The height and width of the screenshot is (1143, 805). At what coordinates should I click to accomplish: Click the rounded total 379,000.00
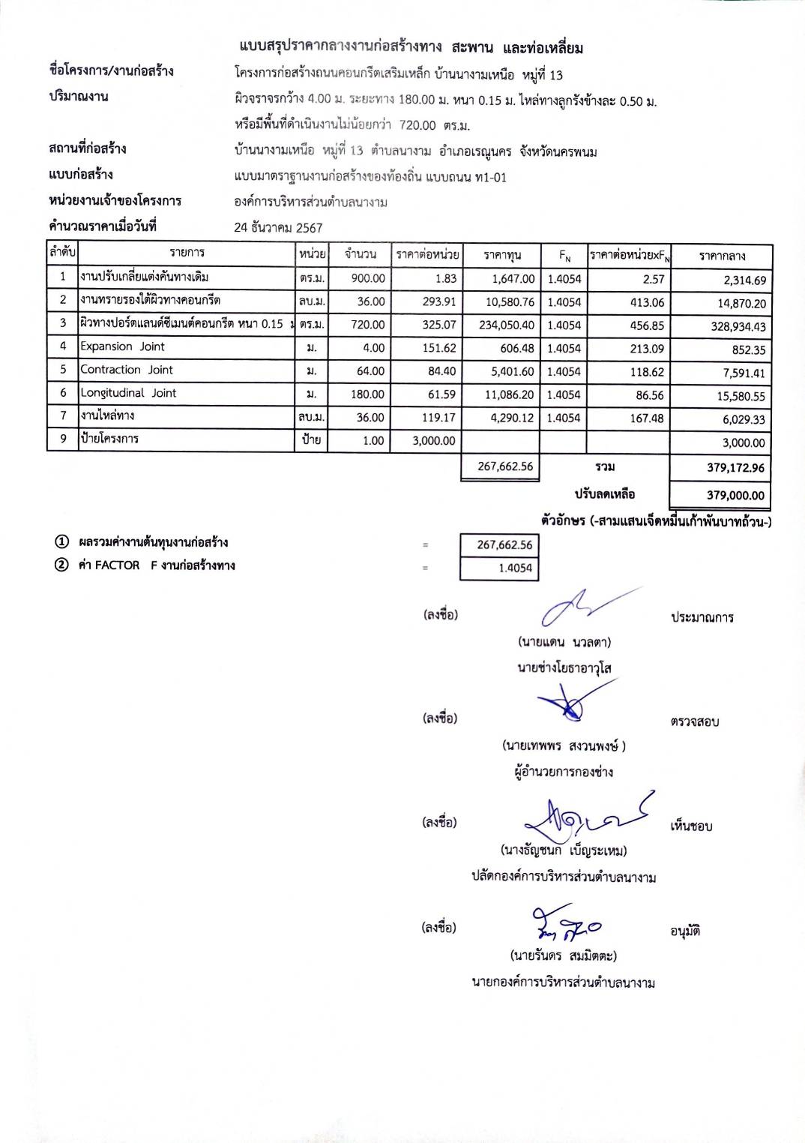click(735, 495)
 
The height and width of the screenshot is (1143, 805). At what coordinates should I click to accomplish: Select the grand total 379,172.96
click(735, 468)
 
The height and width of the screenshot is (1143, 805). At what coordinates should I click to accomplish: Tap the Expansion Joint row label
click(122, 346)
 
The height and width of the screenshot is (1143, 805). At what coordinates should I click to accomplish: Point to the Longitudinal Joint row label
click(128, 393)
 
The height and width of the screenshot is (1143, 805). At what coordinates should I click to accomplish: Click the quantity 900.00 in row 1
click(368, 278)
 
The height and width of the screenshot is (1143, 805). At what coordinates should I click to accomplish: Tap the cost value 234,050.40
click(507, 325)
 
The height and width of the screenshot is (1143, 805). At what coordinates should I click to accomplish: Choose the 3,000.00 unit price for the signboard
click(433, 441)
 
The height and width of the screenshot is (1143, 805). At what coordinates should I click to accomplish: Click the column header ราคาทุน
click(502, 255)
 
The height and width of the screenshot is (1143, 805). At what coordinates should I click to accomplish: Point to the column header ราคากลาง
click(722, 256)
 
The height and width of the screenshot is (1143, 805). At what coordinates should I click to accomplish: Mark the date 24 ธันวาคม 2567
click(278, 227)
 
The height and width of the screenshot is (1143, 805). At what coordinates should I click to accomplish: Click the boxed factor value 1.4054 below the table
click(515, 568)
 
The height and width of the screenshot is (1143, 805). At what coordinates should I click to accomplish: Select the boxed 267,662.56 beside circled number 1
click(504, 545)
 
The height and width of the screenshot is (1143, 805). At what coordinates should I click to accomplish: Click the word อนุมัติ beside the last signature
click(685, 931)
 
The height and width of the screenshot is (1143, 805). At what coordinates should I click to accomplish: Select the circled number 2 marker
click(61, 565)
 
